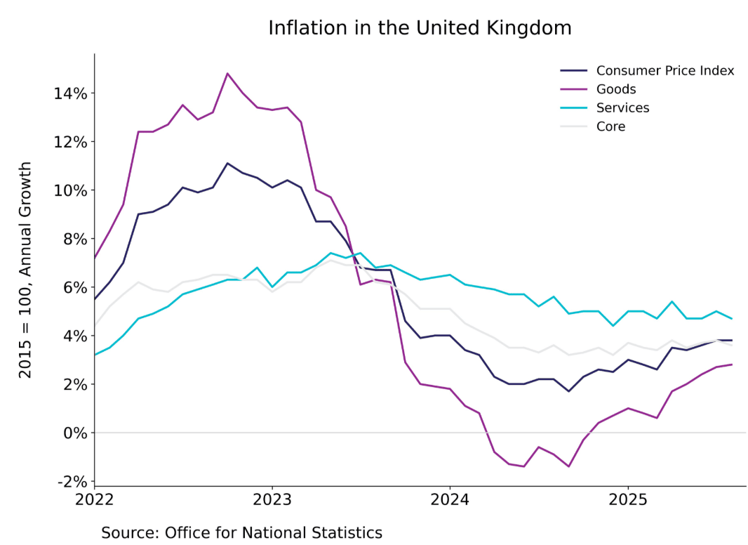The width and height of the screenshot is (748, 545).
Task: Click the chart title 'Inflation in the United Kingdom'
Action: pos(420,28)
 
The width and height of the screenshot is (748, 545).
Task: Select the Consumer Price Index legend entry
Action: pos(664,70)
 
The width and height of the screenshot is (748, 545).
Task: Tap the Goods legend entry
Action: pos(616,89)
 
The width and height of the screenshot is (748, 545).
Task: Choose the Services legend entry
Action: pos(622,107)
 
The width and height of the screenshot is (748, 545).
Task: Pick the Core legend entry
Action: pos(610,126)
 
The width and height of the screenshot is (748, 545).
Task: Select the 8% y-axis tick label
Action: pos(72,239)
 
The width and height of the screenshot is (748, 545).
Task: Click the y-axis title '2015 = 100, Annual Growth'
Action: pos(26,270)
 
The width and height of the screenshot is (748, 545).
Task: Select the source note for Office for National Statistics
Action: pos(241,532)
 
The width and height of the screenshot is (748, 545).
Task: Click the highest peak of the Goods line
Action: pos(227,73)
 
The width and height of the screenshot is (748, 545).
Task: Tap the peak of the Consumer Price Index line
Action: pos(227,163)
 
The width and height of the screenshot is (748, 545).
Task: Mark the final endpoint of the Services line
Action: pos(732,319)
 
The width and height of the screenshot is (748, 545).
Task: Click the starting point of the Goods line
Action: pos(95,258)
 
